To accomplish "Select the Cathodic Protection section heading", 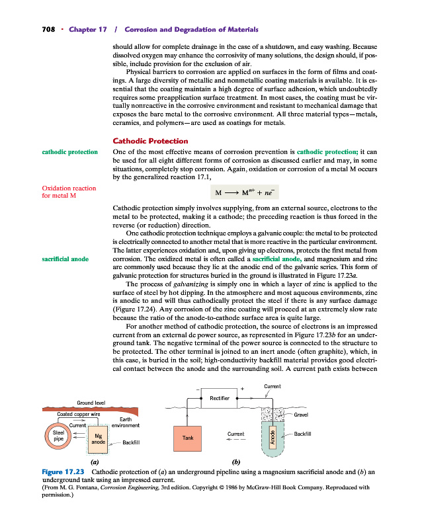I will point(150,141).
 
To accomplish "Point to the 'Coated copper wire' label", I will point(78,414).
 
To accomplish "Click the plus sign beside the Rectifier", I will point(242,389).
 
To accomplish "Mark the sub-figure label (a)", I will point(95,462).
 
